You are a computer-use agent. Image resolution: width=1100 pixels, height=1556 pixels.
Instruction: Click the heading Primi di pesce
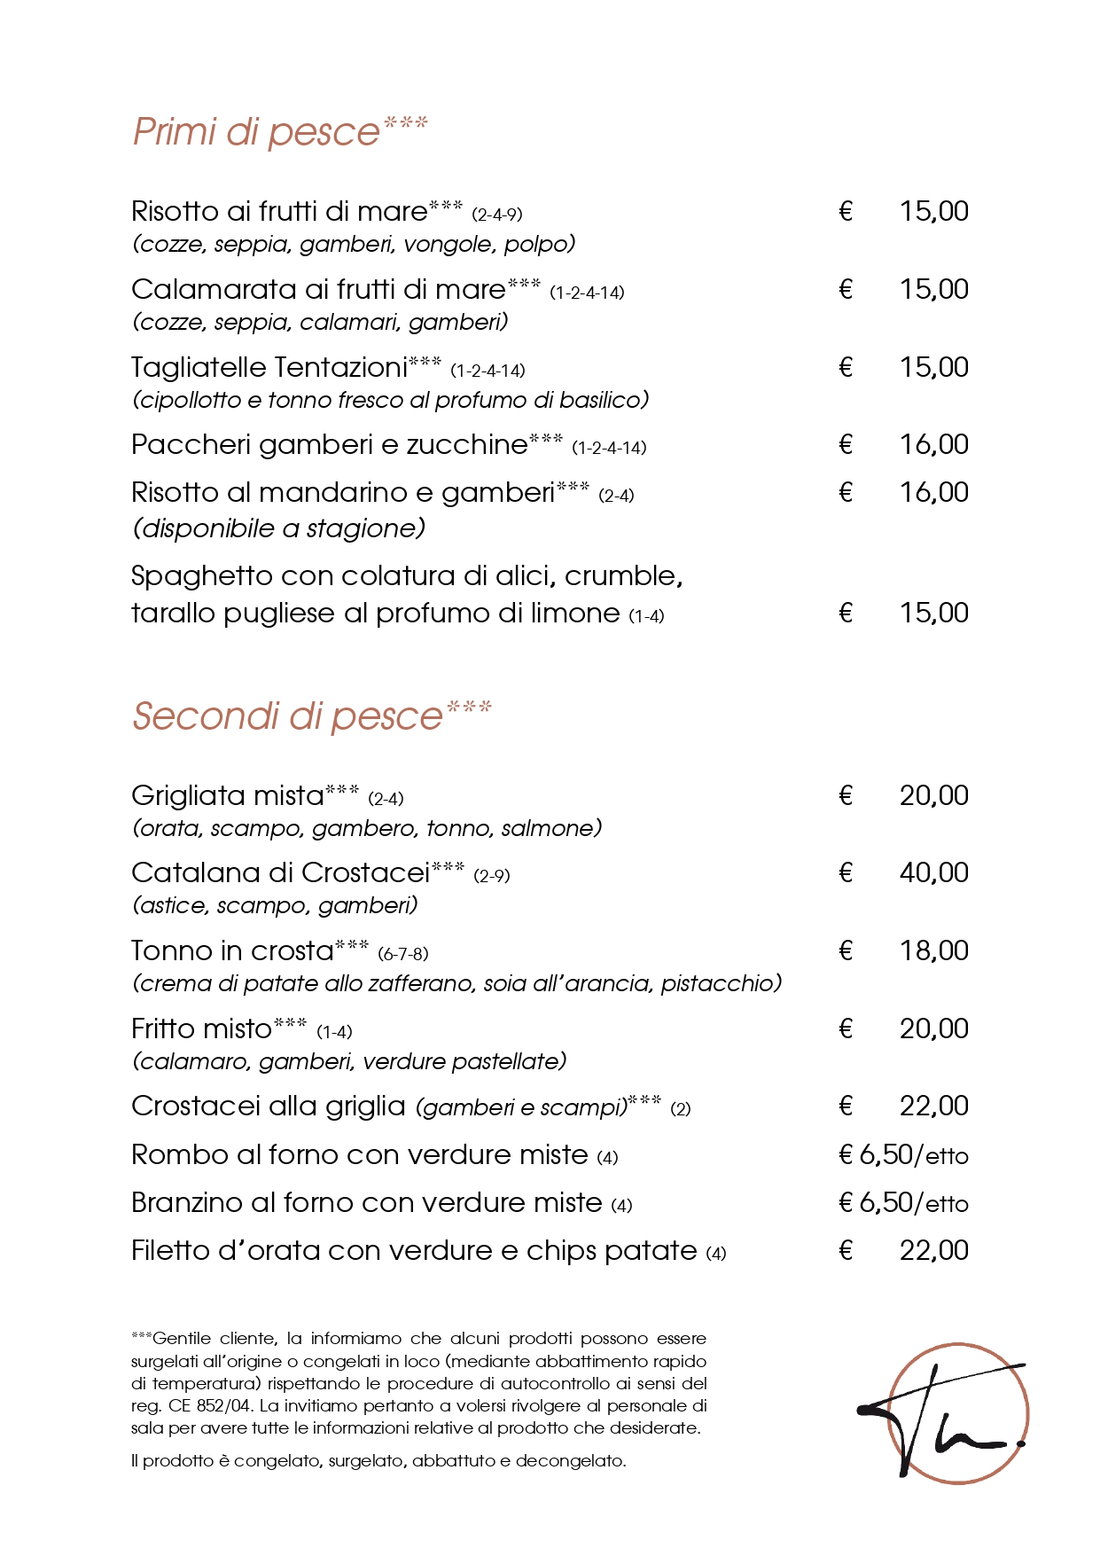(257, 132)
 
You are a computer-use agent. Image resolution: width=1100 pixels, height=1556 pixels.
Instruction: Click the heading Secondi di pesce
(287, 716)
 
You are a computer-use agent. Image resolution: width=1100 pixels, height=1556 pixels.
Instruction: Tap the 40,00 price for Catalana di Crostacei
(933, 873)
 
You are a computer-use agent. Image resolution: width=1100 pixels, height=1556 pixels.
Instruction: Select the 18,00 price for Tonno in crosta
(933, 951)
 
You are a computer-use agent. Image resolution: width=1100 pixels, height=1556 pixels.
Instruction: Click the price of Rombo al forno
(903, 1155)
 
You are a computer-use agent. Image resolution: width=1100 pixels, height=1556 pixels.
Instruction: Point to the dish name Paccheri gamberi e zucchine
(329, 445)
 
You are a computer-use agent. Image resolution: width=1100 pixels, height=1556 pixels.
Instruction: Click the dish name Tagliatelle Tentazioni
(269, 368)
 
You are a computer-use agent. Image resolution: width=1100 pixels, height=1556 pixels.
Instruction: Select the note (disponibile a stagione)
(278, 529)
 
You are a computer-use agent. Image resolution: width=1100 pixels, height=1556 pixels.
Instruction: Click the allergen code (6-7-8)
(403, 955)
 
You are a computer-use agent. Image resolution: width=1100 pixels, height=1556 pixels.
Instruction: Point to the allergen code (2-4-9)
(496, 215)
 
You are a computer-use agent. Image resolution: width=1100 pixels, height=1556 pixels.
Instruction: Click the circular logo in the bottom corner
(957, 1413)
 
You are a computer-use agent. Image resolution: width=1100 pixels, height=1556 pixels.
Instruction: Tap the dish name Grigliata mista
(228, 796)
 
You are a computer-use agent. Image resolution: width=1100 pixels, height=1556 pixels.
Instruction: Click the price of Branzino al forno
(903, 1203)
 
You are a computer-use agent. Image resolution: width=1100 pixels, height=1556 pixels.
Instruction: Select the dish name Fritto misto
(201, 1029)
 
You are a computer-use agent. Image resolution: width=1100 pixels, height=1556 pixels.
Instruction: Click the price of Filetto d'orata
(933, 1251)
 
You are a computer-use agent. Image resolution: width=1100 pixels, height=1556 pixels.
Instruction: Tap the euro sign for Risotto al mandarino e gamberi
(846, 493)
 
